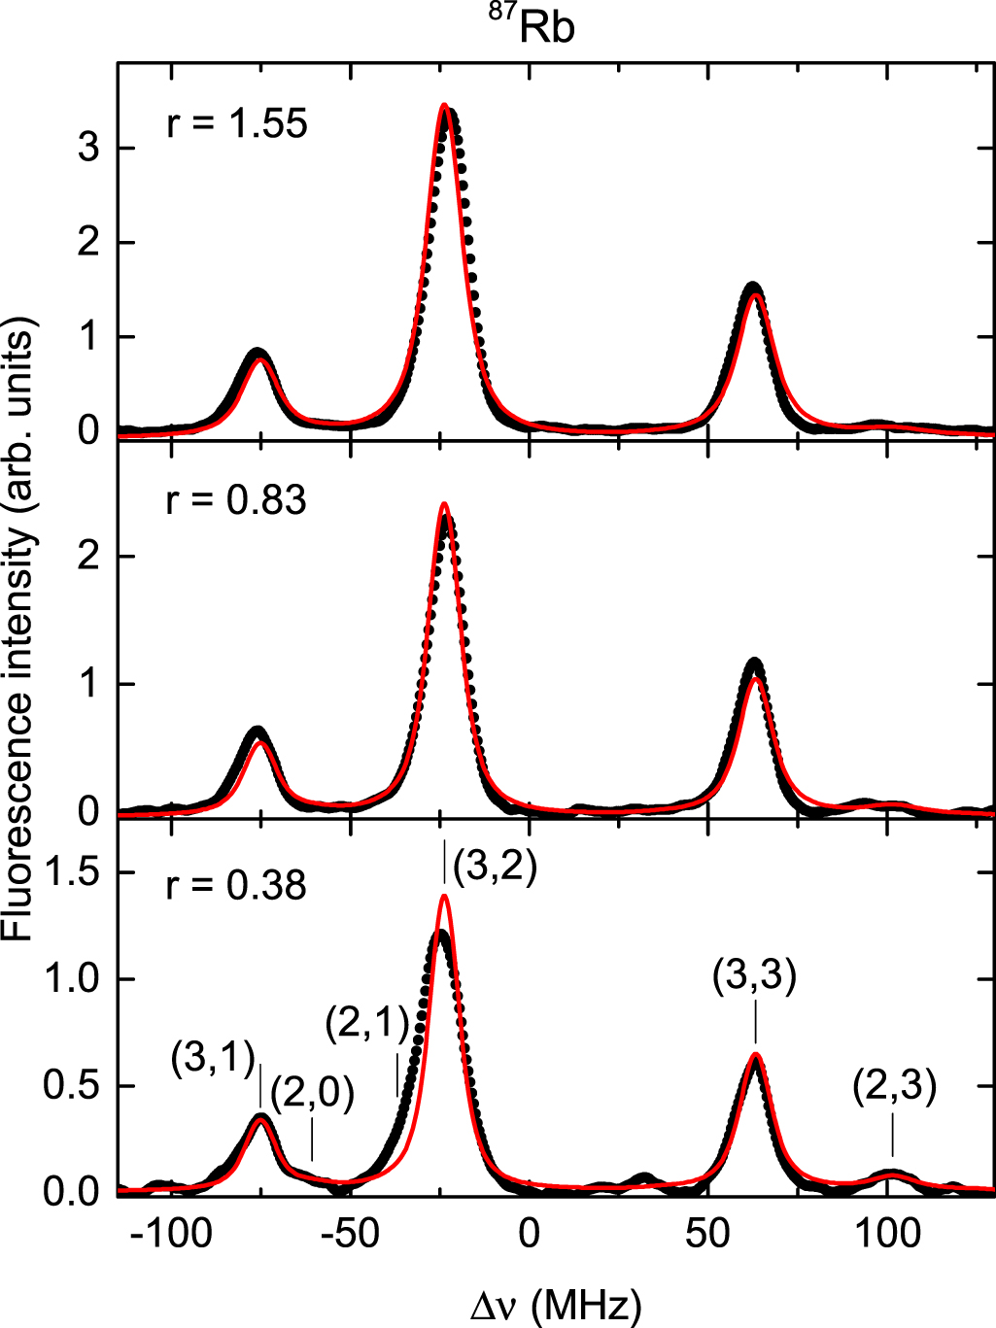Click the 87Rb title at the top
[x=532, y=25]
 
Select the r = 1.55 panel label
[x=237, y=124]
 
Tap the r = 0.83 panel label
[x=237, y=500]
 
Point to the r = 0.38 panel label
[x=237, y=885]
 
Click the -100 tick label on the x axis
[x=171, y=1234]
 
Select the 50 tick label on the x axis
[x=706, y=1234]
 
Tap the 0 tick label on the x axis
[x=528, y=1234]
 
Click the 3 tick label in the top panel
[x=89, y=149]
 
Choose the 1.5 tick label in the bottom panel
[x=72, y=872]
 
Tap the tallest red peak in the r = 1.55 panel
[x=444, y=105]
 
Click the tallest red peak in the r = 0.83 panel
[x=444, y=504]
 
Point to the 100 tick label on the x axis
[x=886, y=1234]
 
